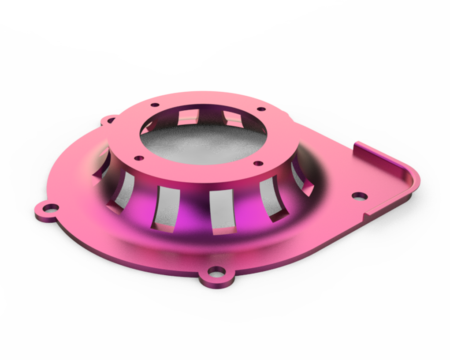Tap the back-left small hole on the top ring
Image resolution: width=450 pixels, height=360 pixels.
point(155,105)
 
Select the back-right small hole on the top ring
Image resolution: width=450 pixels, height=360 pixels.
point(261,109)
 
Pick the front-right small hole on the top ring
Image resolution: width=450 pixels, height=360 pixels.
point(258,163)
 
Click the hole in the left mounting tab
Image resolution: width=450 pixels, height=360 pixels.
point(52,208)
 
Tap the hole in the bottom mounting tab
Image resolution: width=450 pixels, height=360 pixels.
point(216,272)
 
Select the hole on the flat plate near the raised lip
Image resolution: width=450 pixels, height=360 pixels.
point(360,196)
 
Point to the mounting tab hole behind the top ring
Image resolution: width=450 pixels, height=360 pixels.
point(110,120)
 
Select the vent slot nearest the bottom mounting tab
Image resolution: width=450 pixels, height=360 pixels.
point(222,212)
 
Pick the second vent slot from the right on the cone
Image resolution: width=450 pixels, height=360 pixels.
point(272,199)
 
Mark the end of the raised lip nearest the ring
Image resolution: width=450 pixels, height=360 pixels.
point(358,145)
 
